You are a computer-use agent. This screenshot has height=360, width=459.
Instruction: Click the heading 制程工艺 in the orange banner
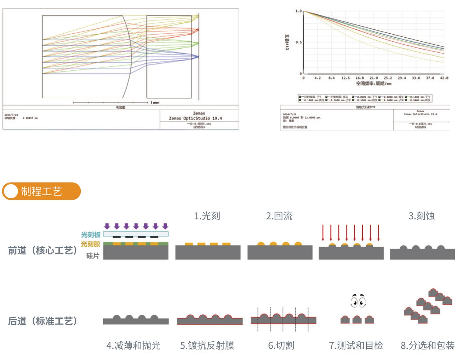tap(41, 191)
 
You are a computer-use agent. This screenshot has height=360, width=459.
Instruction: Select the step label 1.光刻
tap(207, 216)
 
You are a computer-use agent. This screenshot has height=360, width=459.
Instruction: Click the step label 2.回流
tap(279, 216)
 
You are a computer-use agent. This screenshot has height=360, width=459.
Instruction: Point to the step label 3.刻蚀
tap(421, 216)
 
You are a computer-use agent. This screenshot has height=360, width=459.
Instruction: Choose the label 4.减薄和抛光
tap(133, 345)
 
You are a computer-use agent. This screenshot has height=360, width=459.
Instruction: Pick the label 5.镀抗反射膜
tap(207, 345)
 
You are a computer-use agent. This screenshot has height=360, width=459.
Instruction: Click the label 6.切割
tap(281, 345)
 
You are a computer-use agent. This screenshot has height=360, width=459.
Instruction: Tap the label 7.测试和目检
tap(356, 345)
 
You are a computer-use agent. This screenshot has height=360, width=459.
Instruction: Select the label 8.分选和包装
tap(428, 345)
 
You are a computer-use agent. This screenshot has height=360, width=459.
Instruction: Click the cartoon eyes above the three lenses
tap(358, 301)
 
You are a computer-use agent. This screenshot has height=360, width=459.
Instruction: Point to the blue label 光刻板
tap(91, 234)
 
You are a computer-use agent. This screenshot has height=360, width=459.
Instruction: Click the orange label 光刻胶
tap(91, 244)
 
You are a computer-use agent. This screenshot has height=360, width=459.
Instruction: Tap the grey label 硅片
tap(93, 255)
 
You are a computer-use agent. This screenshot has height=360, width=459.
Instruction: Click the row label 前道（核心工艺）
tap(43, 250)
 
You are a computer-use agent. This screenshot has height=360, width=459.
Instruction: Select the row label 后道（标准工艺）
tap(43, 321)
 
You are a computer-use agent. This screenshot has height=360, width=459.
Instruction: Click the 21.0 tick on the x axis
tap(374, 78)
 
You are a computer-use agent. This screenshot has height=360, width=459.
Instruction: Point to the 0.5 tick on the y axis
tap(298, 42)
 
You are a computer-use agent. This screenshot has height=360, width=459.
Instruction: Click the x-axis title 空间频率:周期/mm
tap(374, 83)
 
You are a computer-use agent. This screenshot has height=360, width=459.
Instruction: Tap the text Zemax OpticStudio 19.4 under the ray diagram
tap(195, 118)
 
